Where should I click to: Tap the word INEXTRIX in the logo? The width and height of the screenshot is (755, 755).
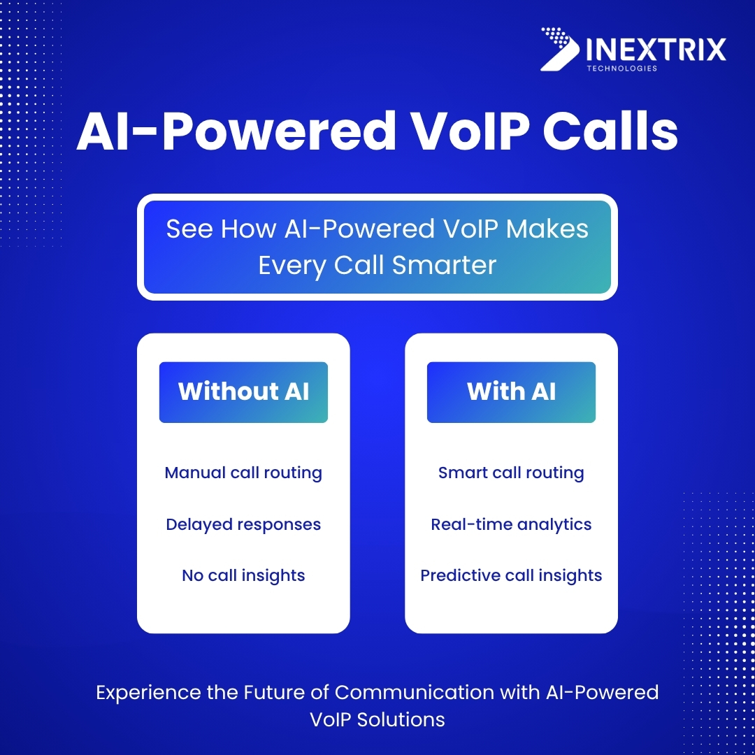coord(654,50)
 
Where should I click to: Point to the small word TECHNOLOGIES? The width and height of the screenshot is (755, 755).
coord(621,69)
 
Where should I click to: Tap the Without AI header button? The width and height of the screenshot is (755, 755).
coord(243,391)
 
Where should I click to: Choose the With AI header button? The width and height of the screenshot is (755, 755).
coord(511,391)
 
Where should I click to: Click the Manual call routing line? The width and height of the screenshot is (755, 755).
coord(243,473)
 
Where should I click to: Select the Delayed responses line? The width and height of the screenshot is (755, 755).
coord(243,525)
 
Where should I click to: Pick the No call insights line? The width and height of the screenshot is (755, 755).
coord(243,576)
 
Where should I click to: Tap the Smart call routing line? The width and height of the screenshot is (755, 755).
coord(511,473)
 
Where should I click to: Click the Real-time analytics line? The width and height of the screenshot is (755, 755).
coord(511,525)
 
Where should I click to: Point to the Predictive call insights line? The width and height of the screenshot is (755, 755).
coord(511,576)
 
